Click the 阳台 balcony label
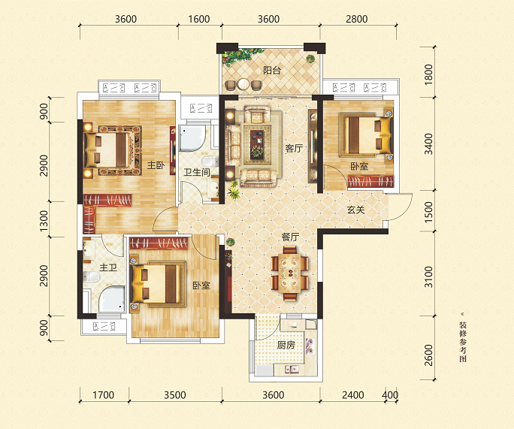coord(272,70)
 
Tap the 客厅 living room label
coord(294,149)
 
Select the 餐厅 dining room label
coord(290,237)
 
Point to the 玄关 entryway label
coord(356,210)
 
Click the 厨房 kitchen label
coord(286,345)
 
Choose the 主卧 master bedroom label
coord(156,165)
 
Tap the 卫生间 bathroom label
coord(197,172)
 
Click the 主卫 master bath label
coord(108,267)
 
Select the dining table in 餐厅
coord(290,273)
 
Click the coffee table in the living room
coord(257,144)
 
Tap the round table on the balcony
coord(243,84)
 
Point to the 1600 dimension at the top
coord(199,19)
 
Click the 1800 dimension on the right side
coord(428,74)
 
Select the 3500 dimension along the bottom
coord(175,395)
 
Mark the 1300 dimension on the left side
coord(44,221)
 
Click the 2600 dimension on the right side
coord(428,355)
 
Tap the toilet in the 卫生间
coord(210,162)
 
